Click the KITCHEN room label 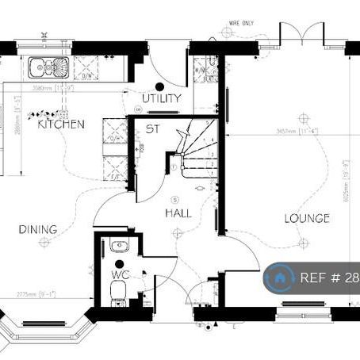click(x=61, y=124)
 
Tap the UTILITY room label click(x=162, y=98)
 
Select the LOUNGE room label click(x=307, y=217)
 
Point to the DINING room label click(x=38, y=229)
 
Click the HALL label click(x=178, y=213)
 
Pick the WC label click(x=120, y=274)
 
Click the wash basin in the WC click(x=120, y=246)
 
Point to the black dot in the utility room click(x=159, y=86)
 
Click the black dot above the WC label click(x=119, y=263)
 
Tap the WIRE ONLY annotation click(x=241, y=25)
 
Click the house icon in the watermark click(x=279, y=278)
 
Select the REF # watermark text click(x=328, y=278)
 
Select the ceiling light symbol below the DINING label click(x=44, y=243)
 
